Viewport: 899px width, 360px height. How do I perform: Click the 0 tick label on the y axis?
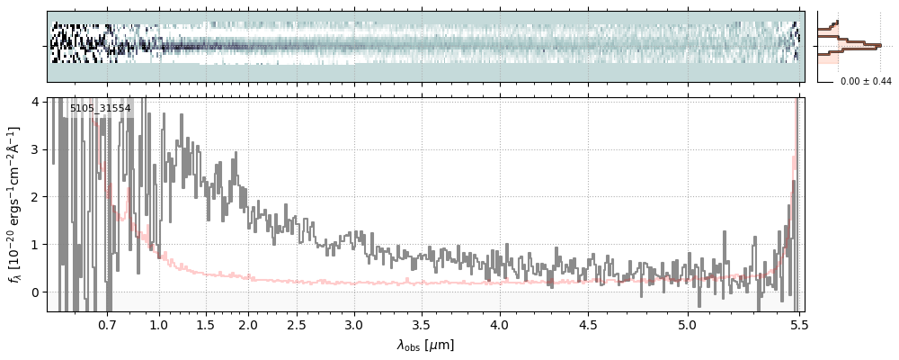(x=35, y=292)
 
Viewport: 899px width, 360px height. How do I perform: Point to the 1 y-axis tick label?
(x=35, y=244)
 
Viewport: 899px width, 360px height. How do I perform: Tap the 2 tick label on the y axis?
(x=35, y=196)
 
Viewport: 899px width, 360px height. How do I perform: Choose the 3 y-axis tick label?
(x=35, y=148)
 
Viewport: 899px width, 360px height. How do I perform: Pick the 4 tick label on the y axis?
(x=35, y=101)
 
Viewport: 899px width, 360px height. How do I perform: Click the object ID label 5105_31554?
(x=101, y=109)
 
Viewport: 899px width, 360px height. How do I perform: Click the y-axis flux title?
(x=13, y=204)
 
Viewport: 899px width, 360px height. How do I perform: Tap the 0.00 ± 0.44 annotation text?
(x=865, y=81)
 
